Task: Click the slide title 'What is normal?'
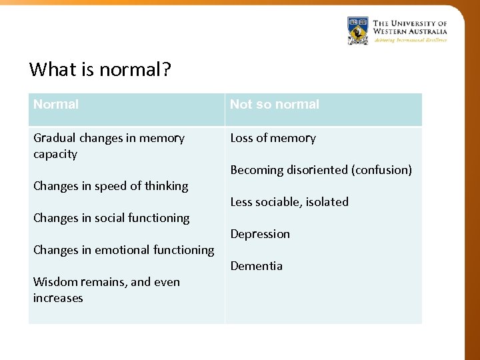click(100, 69)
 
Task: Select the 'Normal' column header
click(56, 105)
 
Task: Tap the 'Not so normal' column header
click(275, 105)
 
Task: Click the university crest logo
click(358, 31)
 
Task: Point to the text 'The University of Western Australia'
click(409, 27)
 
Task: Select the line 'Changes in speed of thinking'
click(111, 186)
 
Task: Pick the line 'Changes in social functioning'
click(111, 218)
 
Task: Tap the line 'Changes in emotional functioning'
click(123, 250)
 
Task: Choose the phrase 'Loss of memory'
click(273, 138)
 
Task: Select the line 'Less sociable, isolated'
click(289, 202)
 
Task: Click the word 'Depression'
click(260, 234)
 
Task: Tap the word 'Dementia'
click(256, 266)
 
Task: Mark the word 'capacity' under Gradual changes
click(55, 154)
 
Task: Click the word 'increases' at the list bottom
click(58, 298)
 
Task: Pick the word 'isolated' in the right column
click(327, 202)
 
